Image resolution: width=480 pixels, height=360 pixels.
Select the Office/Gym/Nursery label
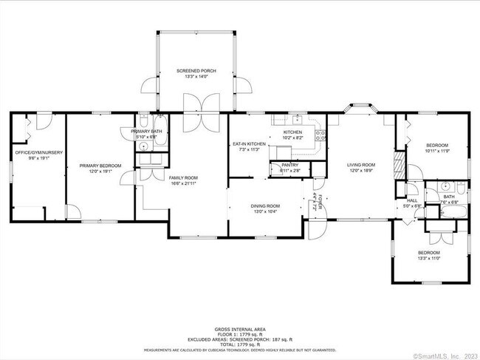point(38,152)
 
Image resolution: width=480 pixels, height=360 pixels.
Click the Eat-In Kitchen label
point(249,143)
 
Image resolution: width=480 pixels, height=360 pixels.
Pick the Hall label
point(412,200)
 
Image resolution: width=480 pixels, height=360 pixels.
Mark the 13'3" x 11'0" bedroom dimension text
point(428,258)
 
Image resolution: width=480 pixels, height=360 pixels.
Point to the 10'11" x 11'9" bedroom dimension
point(436,151)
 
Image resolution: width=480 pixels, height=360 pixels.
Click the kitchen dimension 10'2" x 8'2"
point(293,137)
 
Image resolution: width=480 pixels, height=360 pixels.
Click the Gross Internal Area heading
point(239,329)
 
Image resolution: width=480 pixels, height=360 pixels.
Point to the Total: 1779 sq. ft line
point(239,345)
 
